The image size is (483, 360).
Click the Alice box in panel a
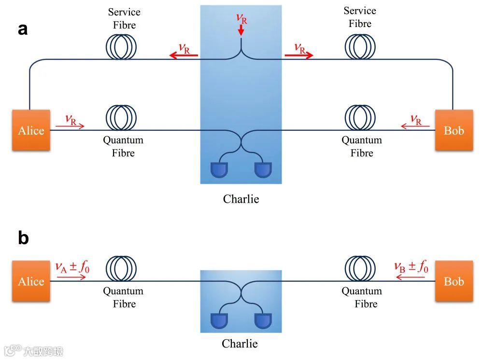point(31,130)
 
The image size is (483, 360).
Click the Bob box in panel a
point(454,130)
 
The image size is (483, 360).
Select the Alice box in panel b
point(31,281)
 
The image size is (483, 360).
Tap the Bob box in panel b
point(454,281)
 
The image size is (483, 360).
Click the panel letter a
point(23,29)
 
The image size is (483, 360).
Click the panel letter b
point(23,238)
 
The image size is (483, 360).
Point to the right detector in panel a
point(263,169)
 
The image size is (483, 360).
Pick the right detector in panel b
point(263,320)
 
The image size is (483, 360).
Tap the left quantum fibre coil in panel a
point(121,117)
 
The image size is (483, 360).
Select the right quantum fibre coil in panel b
point(360,268)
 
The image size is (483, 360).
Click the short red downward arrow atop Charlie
point(241,30)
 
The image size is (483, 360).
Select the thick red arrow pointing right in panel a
point(299,55)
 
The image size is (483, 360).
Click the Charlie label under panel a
point(241,199)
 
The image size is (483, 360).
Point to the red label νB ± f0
point(411,266)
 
